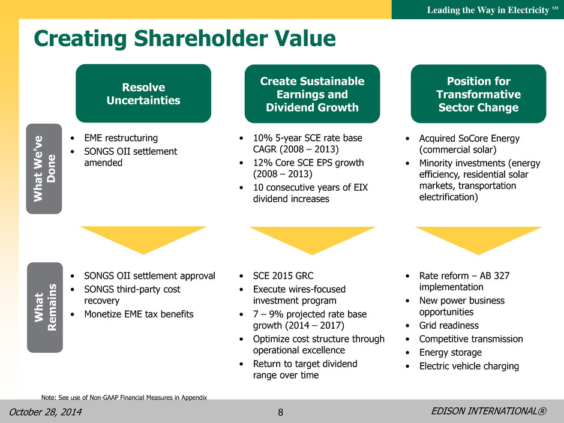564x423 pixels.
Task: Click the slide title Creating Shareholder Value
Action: [x=185, y=38]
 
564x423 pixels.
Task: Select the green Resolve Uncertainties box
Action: [x=143, y=94]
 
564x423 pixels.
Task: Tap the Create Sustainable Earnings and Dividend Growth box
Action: [x=312, y=94]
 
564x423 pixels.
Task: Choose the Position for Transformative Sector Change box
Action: [x=478, y=94]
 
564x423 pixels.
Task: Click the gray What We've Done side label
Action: [x=44, y=169]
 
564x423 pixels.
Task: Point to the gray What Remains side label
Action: [x=45, y=307]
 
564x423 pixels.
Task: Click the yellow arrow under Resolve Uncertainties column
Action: [x=143, y=240]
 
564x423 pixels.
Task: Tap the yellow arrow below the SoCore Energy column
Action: [x=478, y=241]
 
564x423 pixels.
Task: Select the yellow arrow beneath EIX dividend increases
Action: [x=312, y=241]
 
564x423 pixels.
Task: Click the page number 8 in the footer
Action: [x=281, y=412]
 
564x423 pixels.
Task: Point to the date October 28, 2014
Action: [x=46, y=412]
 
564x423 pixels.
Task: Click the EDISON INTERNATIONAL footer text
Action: [x=489, y=411]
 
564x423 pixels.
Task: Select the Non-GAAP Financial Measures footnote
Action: [x=124, y=397]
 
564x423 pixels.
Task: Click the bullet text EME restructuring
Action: [x=121, y=138]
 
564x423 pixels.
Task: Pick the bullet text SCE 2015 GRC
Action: [x=283, y=276]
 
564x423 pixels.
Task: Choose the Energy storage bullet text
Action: [x=451, y=353]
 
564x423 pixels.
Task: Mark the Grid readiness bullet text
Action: [x=449, y=326]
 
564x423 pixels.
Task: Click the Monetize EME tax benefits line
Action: [x=139, y=314]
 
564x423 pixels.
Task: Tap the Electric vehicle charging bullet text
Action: [x=469, y=366]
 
